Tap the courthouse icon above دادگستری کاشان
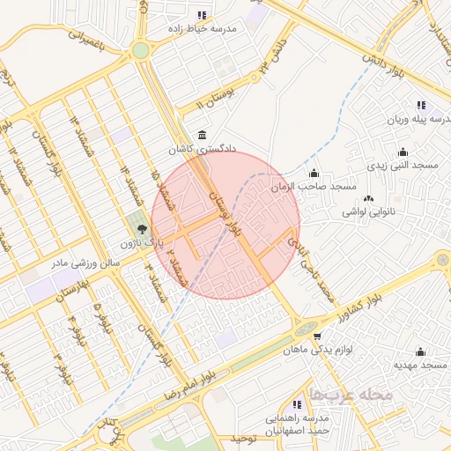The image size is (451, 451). [x=204, y=135]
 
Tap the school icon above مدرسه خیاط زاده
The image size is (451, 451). [x=203, y=15]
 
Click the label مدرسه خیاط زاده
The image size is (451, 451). [x=204, y=29]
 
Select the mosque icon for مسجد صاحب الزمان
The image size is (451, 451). [x=314, y=173]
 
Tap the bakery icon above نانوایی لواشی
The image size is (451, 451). [x=367, y=198]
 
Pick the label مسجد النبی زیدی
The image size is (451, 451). [x=403, y=166]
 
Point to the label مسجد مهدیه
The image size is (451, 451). [x=420, y=365]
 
